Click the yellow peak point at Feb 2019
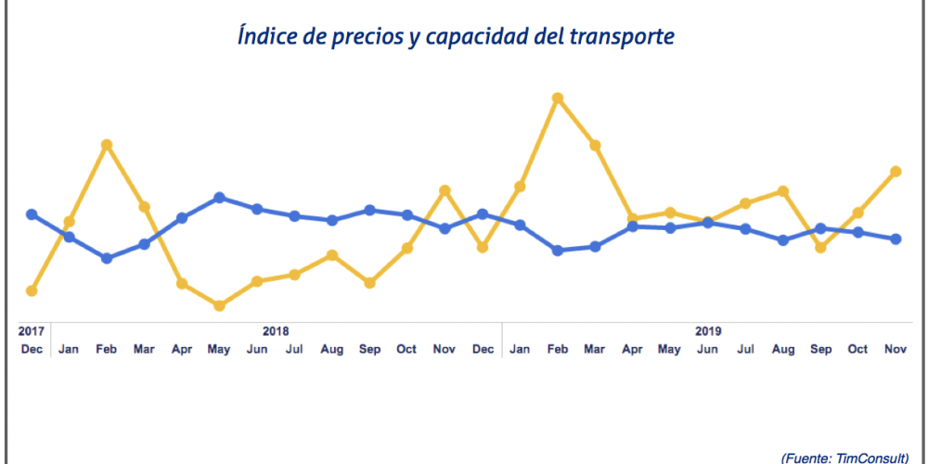(x=558, y=97)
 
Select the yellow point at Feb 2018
(x=107, y=145)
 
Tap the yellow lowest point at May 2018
(x=219, y=305)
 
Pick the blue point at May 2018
(x=219, y=198)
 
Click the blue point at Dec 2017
(x=32, y=214)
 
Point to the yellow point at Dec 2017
(x=32, y=290)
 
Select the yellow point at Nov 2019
(x=896, y=172)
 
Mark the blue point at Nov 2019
(x=896, y=238)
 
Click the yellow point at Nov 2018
(x=445, y=190)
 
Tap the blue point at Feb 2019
(x=558, y=251)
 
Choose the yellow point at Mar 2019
(x=595, y=146)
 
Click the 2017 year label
(x=32, y=330)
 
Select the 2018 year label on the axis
(x=276, y=330)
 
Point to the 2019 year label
(x=708, y=330)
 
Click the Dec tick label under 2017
(x=32, y=350)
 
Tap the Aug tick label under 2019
(x=783, y=350)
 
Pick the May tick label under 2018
(x=219, y=350)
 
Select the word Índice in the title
(x=268, y=38)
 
